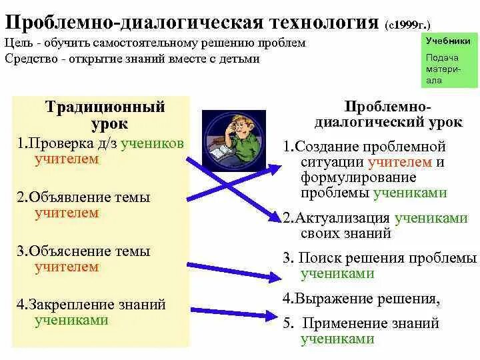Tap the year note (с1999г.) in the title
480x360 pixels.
pos(412,25)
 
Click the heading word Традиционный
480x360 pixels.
pos(105,107)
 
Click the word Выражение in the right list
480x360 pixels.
pos(325,298)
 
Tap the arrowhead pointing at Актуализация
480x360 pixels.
pos(275,216)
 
